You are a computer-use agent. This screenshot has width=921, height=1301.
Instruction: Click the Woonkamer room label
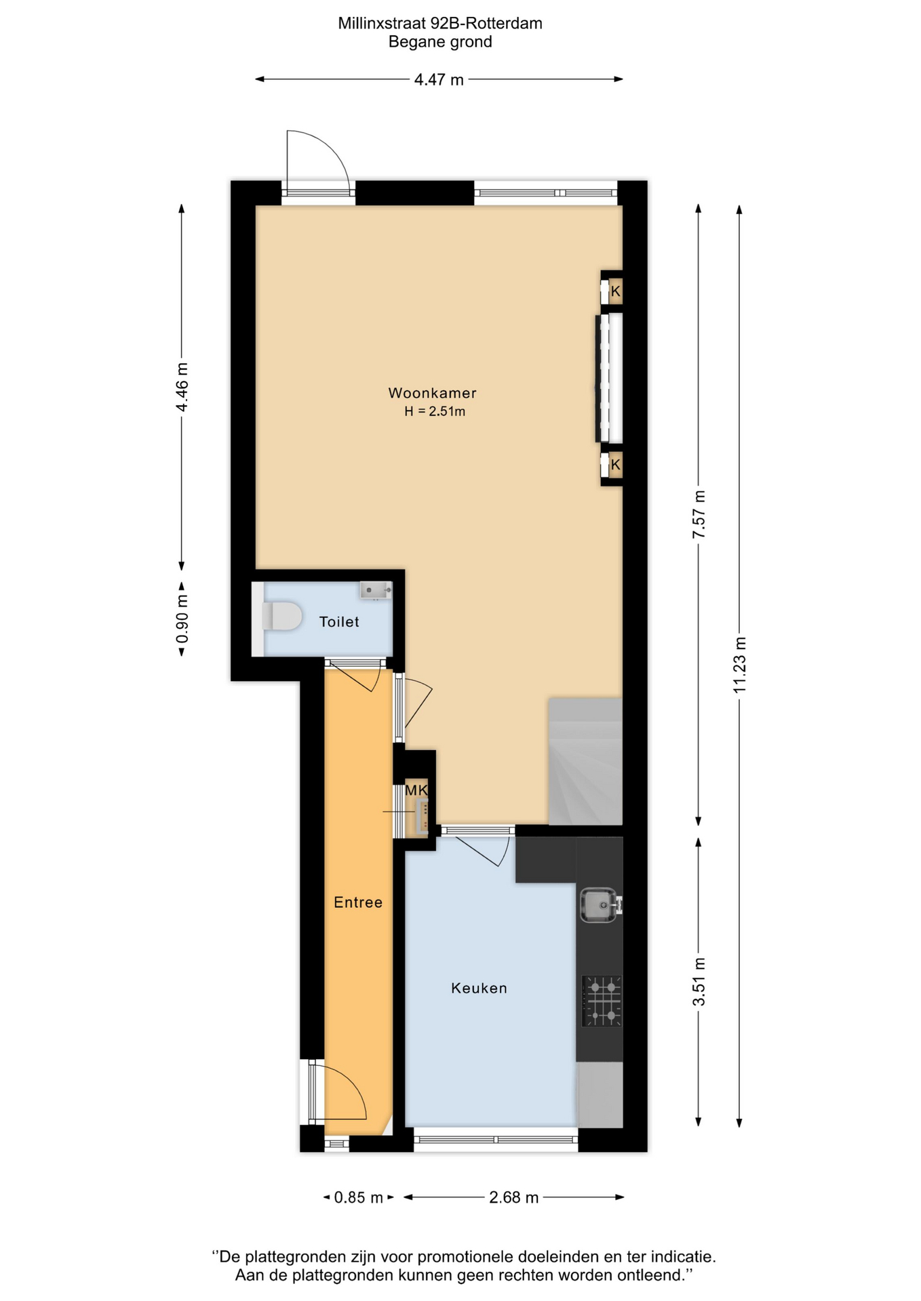[x=432, y=393]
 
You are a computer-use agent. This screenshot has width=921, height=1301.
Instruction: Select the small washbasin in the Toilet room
[x=376, y=590]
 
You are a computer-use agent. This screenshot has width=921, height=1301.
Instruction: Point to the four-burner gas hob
[x=602, y=1001]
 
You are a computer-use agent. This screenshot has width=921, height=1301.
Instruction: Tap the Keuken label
[x=479, y=989]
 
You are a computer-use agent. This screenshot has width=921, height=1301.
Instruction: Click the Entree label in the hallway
[x=358, y=903]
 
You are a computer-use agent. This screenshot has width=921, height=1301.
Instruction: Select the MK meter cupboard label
[x=416, y=790]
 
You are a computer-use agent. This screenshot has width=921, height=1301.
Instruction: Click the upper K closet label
[x=615, y=292]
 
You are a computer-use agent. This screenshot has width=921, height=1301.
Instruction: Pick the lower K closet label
[x=615, y=465]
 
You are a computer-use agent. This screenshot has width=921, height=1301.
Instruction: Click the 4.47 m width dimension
[x=439, y=80]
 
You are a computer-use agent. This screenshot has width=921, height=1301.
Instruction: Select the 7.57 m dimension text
[x=699, y=514]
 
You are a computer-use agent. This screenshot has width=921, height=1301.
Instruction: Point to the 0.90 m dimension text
[x=182, y=619]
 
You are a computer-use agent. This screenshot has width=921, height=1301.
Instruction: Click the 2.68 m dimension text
[x=514, y=1197]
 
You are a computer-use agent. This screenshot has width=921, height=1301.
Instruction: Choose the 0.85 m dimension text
[x=359, y=1197]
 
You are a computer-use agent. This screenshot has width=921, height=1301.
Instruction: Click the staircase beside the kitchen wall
[x=585, y=761]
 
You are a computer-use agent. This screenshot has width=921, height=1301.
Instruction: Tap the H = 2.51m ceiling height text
[x=435, y=411]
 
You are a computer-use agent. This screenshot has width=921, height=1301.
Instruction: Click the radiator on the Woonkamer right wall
[x=610, y=377]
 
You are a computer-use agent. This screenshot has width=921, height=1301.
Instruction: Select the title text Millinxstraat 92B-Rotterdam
[x=440, y=24]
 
